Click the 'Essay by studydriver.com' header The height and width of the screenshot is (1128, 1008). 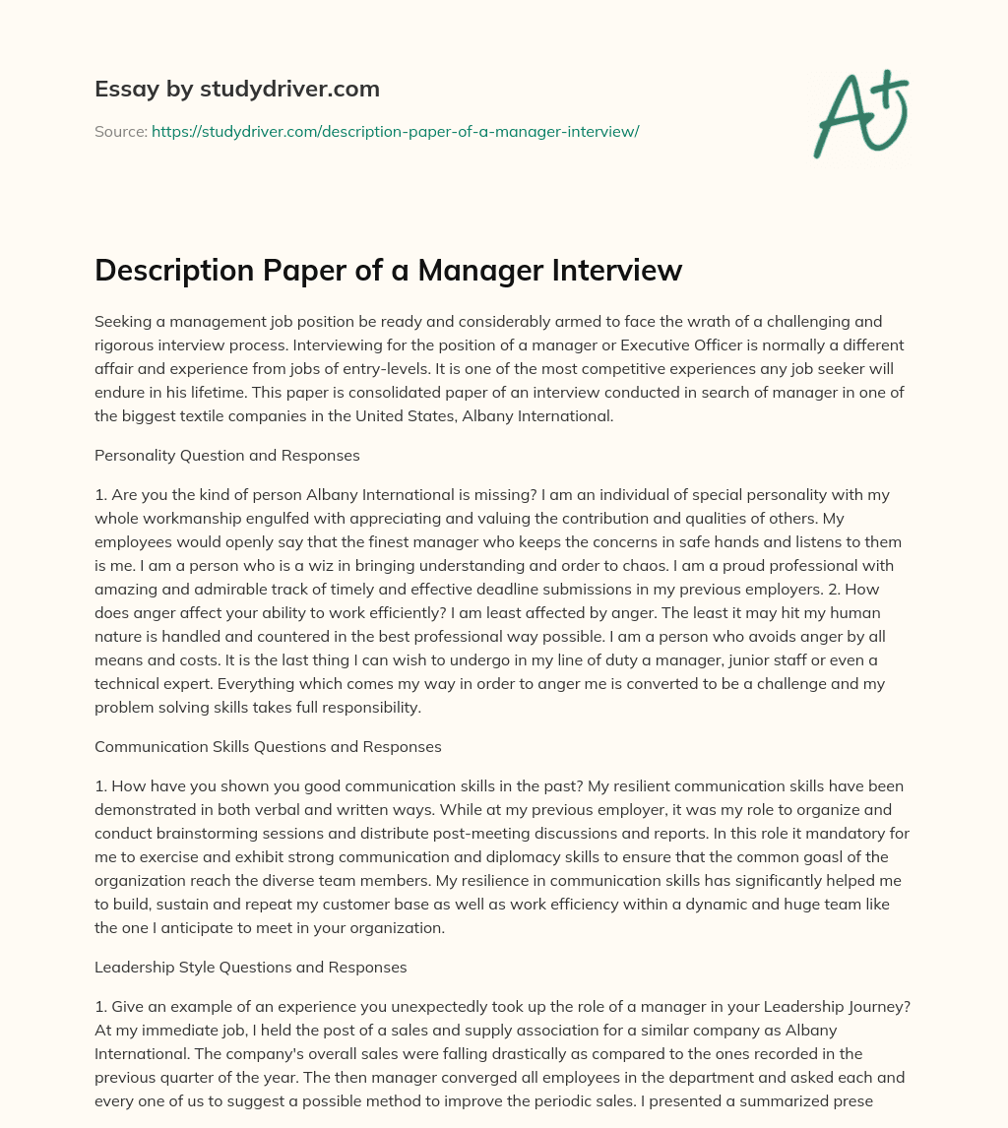point(236,89)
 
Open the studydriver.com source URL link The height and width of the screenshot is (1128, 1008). point(395,131)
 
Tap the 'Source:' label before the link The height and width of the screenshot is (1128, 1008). point(120,131)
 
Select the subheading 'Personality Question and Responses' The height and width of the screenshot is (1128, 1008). point(227,455)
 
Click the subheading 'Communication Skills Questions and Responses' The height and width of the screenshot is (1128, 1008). point(268,746)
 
